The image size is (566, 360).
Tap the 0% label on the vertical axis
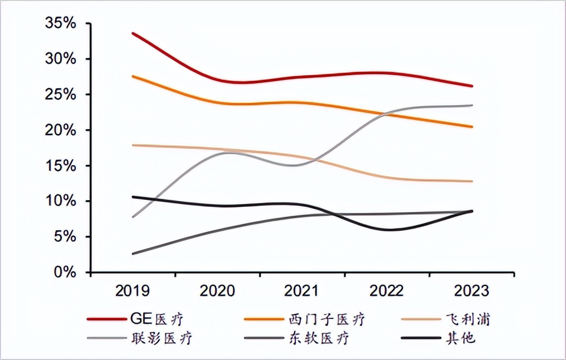pyautogui.click(x=65, y=272)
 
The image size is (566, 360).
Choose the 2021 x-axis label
pyautogui.click(x=302, y=291)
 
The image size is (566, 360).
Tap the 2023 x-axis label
pyautogui.click(x=471, y=291)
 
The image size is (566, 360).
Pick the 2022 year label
pyautogui.click(x=387, y=291)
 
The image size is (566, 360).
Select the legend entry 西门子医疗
pyautogui.click(x=327, y=319)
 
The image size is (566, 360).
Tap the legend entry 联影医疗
pyautogui.click(x=162, y=338)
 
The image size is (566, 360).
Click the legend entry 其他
pyautogui.click(x=461, y=338)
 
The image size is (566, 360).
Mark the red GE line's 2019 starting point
pyautogui.click(x=133, y=33)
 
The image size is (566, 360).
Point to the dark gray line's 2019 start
pyautogui.click(x=133, y=254)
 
